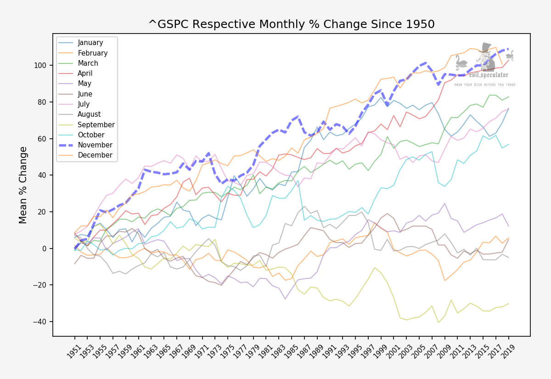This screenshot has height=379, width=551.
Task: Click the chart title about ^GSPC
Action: pyautogui.click(x=291, y=24)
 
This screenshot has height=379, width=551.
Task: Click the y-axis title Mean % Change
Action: pyautogui.click(x=23, y=185)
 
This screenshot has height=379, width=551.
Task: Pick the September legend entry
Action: pyautogui.click(x=96, y=125)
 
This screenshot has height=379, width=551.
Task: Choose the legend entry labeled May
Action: pyautogui.click(x=84, y=84)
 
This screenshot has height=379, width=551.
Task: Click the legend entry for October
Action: pyautogui.click(x=91, y=135)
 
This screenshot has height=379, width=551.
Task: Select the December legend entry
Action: pyautogui.click(x=95, y=155)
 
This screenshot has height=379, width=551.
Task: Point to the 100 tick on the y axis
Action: pyautogui.click(x=40, y=65)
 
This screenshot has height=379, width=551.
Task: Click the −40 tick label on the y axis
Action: pyautogui.click(x=40, y=322)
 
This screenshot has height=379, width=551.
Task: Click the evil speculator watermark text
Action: pyautogui.click(x=488, y=75)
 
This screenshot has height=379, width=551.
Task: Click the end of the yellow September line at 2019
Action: pyautogui.click(x=509, y=304)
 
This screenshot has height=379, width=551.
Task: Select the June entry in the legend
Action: pyautogui.click(x=85, y=94)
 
